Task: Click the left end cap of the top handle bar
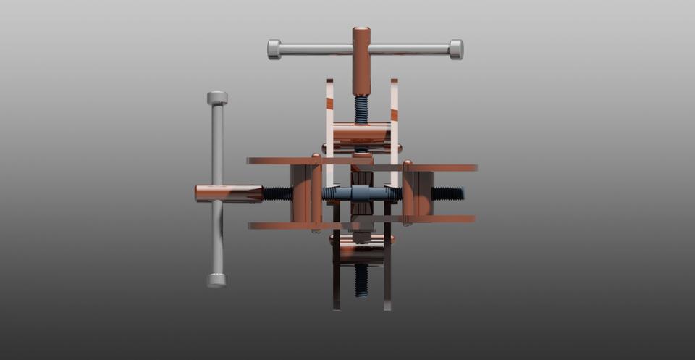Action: (274, 49)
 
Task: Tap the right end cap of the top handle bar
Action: (456, 49)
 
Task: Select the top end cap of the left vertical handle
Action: (217, 98)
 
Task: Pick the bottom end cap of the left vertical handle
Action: (216, 280)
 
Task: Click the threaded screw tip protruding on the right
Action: (448, 193)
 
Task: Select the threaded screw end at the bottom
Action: (361, 280)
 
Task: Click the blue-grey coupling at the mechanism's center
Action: (361, 193)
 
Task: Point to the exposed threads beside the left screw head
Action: (277, 193)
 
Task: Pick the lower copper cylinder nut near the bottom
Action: (361, 250)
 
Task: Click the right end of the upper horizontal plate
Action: (473, 168)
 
